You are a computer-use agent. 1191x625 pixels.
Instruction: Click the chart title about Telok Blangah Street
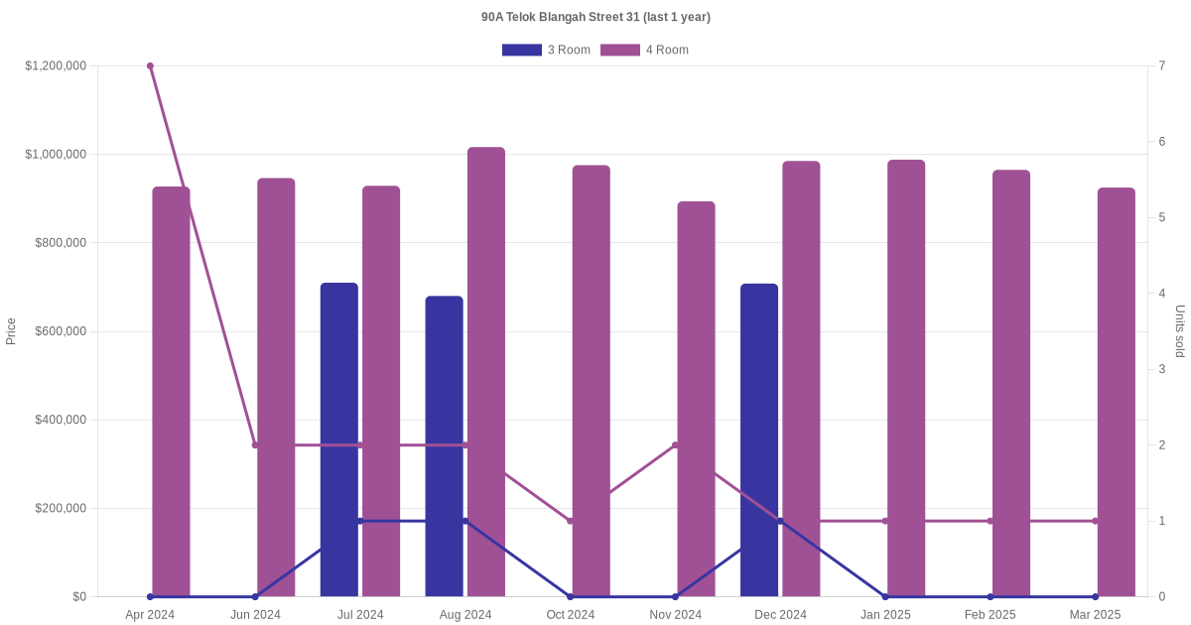(x=595, y=17)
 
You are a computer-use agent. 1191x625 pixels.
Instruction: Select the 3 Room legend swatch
(x=521, y=50)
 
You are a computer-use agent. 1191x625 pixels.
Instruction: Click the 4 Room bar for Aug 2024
(x=486, y=372)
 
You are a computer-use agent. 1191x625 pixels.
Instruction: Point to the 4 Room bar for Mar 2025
(x=1116, y=392)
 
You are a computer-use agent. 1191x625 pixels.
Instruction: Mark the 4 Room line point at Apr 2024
(x=150, y=66)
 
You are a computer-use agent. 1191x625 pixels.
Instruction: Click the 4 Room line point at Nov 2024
(x=675, y=445)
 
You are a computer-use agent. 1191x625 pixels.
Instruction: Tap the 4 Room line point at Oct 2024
(x=570, y=521)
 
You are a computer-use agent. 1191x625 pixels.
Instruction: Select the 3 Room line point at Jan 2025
(x=885, y=596)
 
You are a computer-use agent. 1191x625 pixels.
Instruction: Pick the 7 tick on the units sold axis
(x=1161, y=66)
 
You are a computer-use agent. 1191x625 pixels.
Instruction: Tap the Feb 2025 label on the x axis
(x=990, y=615)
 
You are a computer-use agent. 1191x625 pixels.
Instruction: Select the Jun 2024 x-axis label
(x=255, y=615)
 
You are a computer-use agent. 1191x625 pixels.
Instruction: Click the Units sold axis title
(x=1180, y=331)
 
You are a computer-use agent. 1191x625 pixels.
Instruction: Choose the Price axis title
(x=11, y=331)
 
